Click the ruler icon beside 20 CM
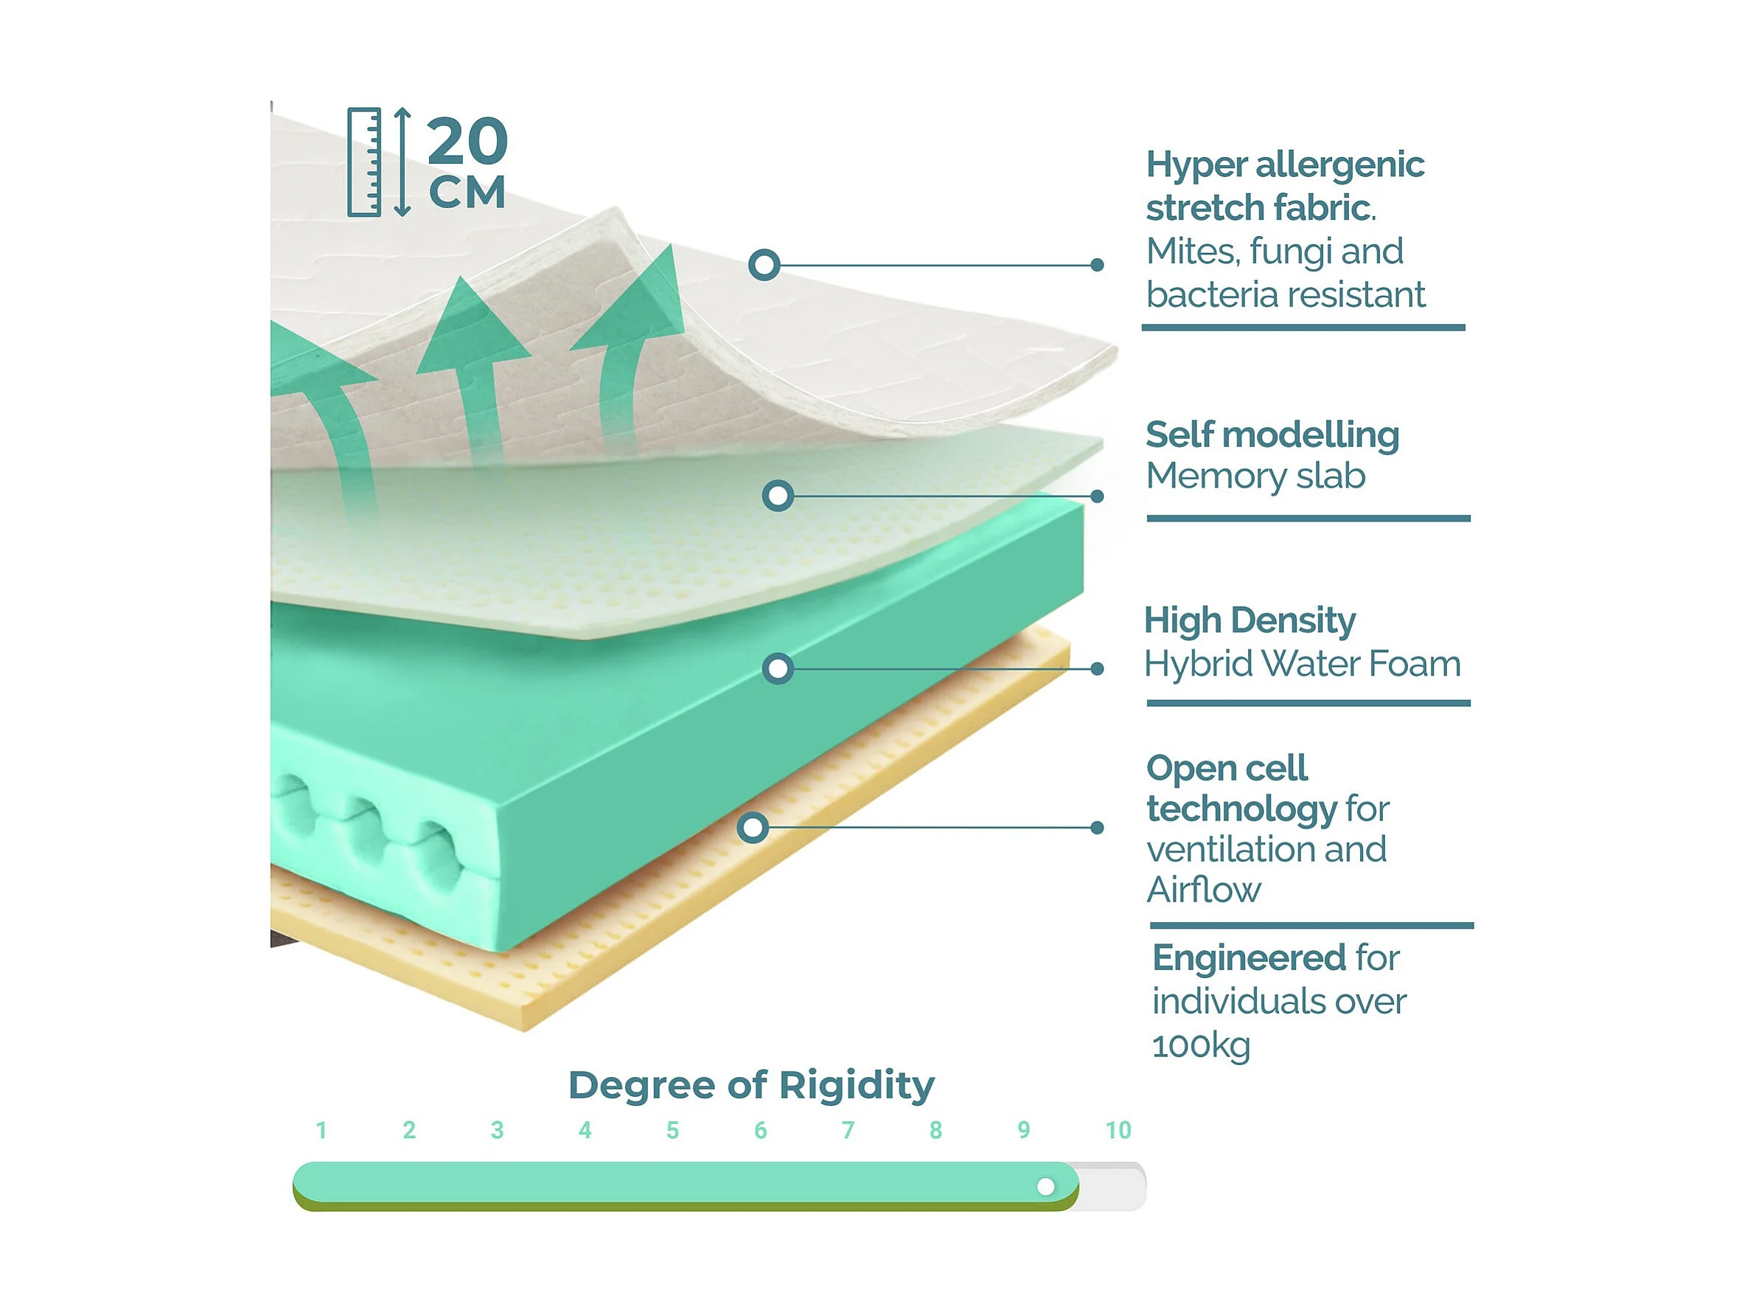point(364,162)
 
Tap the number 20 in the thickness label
point(467,141)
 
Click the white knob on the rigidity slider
point(1045,1185)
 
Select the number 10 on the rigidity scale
point(1118,1130)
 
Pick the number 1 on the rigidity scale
point(321,1130)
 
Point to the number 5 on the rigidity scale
point(672,1130)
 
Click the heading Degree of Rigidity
point(751,1084)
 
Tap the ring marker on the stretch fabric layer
point(764,265)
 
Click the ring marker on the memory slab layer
point(778,496)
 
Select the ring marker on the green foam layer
point(778,669)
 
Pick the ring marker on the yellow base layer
point(753,828)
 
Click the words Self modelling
point(1272,434)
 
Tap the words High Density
point(1249,620)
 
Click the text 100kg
point(1200,1045)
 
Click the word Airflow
point(1203,890)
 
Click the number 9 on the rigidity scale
point(1024,1130)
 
